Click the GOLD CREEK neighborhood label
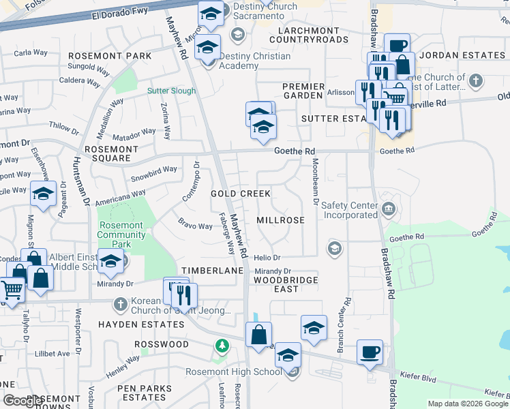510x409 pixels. tap(241, 194)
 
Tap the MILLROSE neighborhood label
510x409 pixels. tap(280, 221)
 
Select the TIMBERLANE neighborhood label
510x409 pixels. tap(212, 271)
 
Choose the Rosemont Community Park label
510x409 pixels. tap(122, 230)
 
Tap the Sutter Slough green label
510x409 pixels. tap(172, 91)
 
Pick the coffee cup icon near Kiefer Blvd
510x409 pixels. tap(370, 352)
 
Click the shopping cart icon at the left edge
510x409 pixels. tap(11, 290)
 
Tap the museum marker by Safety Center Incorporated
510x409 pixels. tap(389, 208)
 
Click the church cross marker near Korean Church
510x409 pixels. tap(120, 303)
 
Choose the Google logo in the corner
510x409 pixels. tap(23, 401)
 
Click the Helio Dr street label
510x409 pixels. tap(267, 258)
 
